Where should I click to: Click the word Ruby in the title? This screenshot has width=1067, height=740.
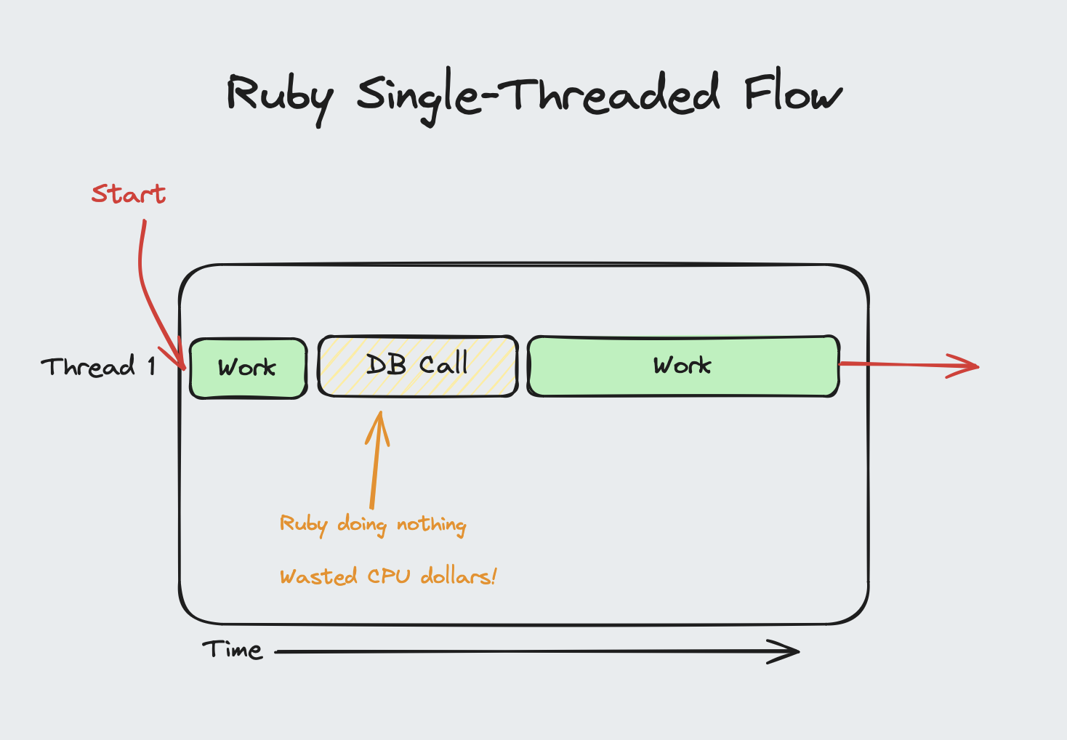point(279,97)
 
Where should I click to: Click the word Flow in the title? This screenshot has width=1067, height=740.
point(792,94)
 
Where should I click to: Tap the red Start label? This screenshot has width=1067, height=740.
point(129,194)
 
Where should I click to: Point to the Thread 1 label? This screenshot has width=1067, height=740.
point(98,366)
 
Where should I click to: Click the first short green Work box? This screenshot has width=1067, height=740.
point(248,368)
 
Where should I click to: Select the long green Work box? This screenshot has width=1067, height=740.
point(683,366)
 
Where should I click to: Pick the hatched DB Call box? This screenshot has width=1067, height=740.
point(418,366)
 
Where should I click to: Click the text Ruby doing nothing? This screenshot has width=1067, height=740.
point(373,524)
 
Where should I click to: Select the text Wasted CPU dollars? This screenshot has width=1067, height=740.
point(388,576)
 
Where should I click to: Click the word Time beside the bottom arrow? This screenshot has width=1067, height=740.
point(233,649)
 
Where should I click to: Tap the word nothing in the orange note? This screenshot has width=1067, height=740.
point(432,524)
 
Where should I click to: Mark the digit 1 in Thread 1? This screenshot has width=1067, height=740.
point(151,366)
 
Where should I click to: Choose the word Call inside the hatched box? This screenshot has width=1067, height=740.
point(443,363)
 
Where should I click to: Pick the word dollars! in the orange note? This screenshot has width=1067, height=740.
point(459,576)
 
